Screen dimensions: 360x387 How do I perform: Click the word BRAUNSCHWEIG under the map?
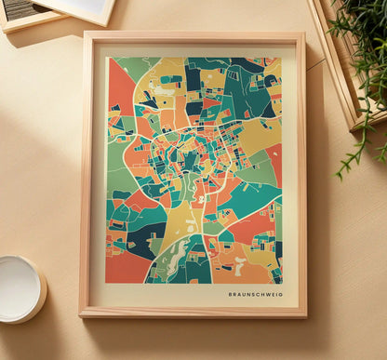point(255,294)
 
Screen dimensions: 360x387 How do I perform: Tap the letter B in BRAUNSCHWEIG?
point(231,294)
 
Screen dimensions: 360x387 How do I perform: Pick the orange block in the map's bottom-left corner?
point(126,268)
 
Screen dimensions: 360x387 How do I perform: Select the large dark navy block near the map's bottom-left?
point(144,239)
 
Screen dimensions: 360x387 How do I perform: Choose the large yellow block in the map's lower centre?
point(182,223)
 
